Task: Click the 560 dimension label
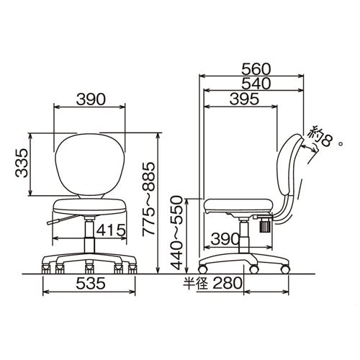pos(256,69)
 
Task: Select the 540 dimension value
pos(256,84)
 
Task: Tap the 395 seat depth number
pos(244,99)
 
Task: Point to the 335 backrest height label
pos(22,163)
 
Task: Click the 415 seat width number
pos(111,230)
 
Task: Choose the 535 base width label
pos(91,283)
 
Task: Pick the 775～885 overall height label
pos(149,199)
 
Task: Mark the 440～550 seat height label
pos(177,233)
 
